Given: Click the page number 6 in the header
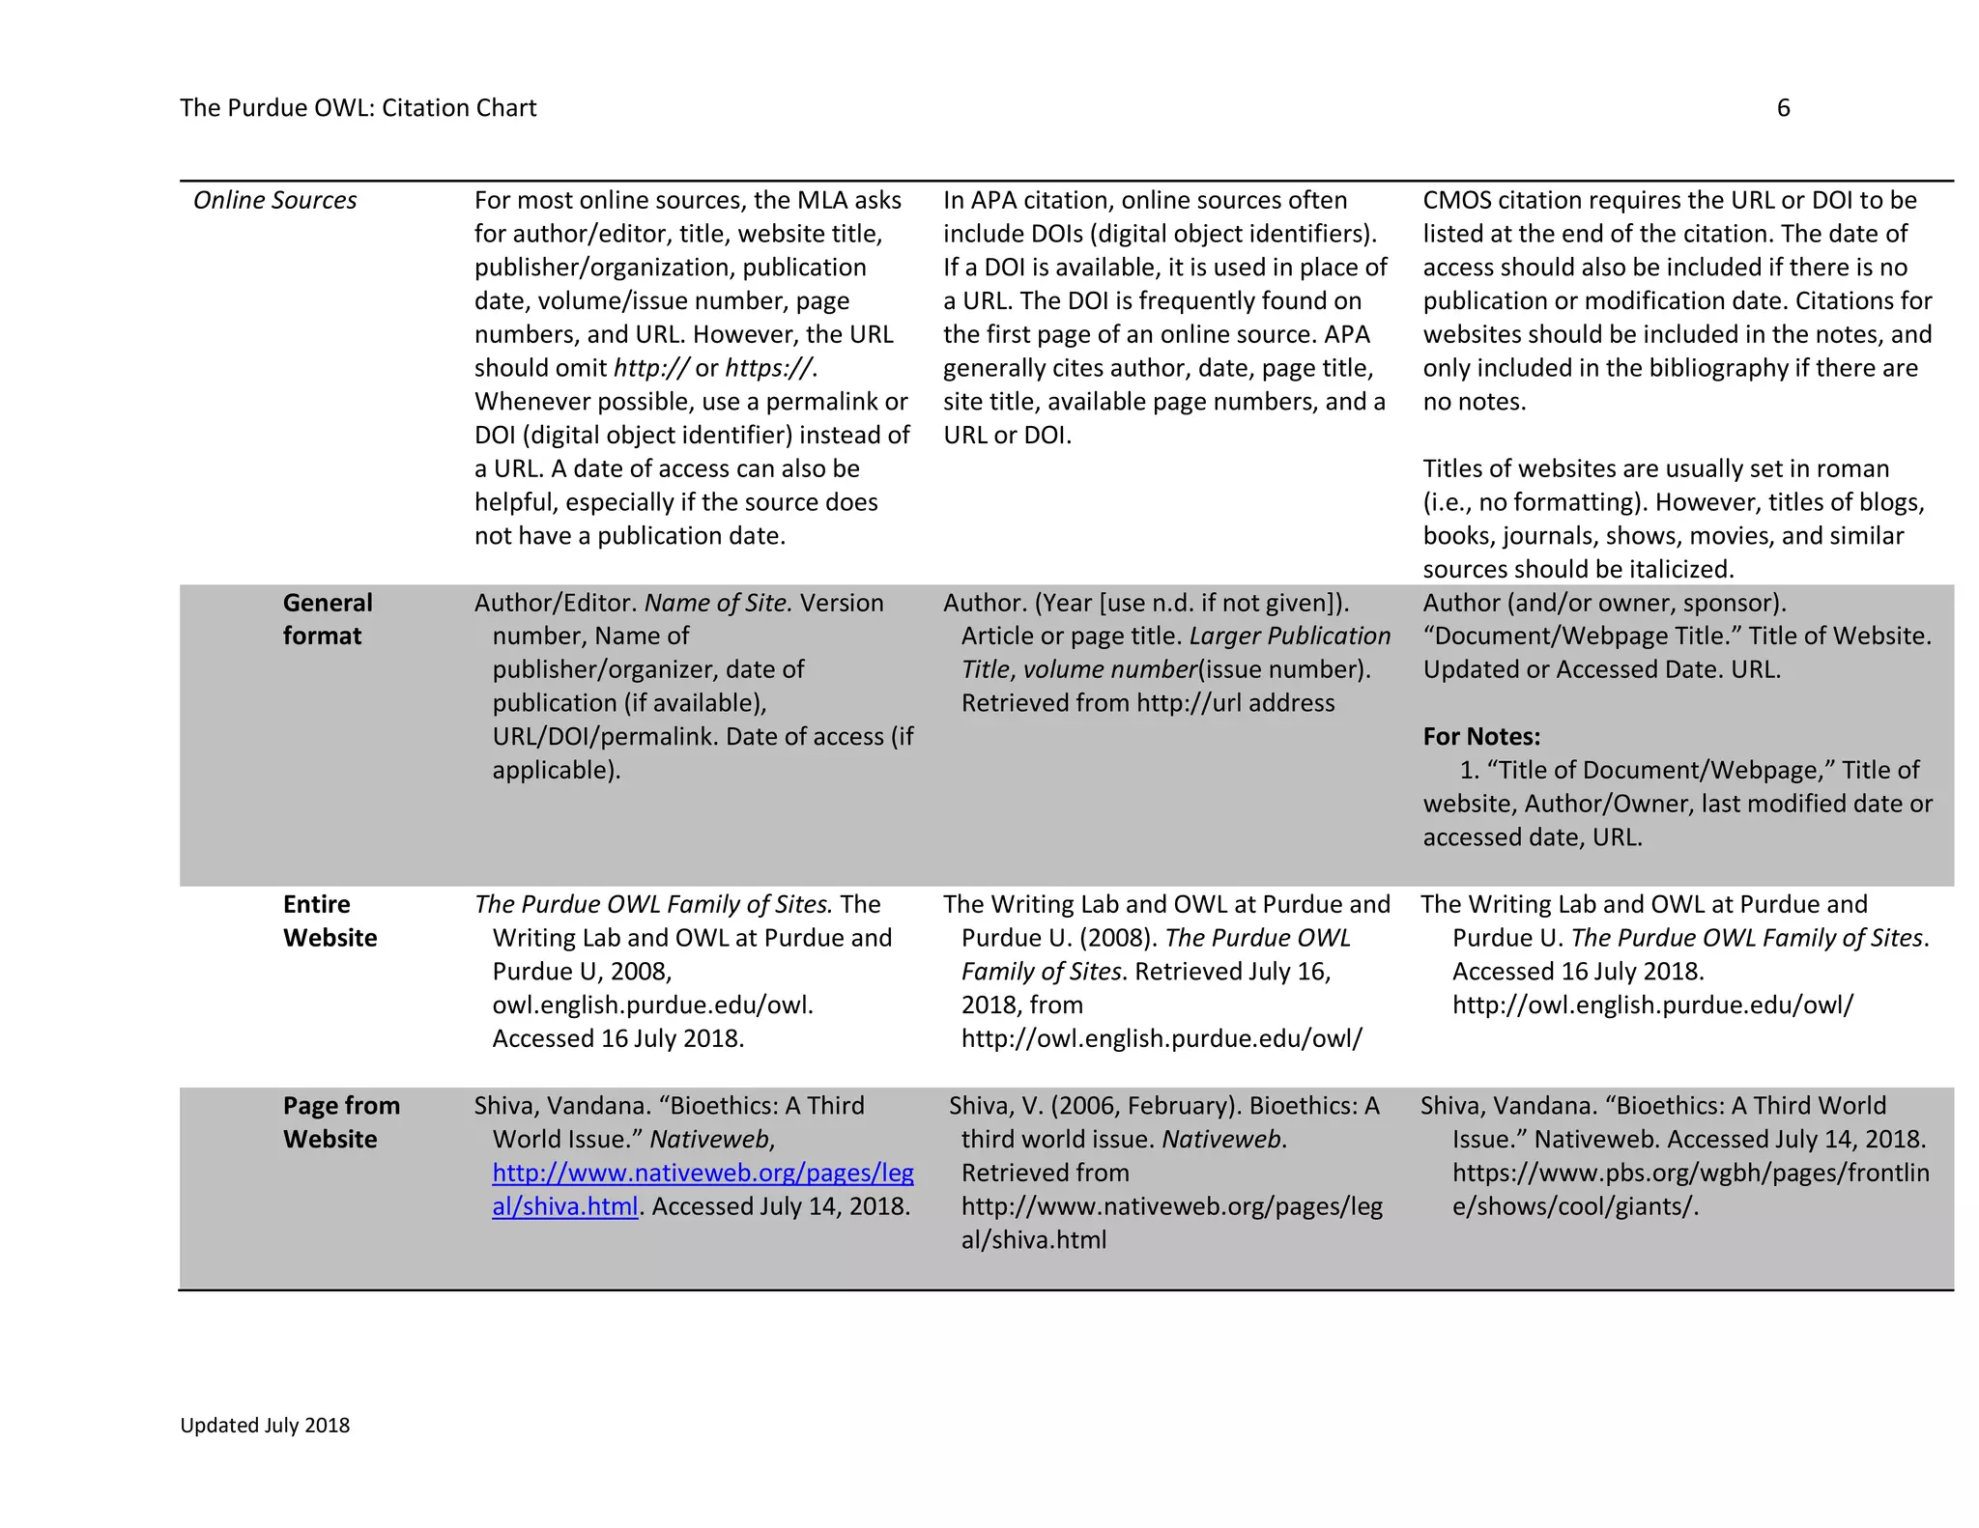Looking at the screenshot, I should tap(1783, 108).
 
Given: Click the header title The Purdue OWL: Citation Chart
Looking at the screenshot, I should tap(358, 108).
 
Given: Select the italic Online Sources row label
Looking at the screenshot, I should tap(274, 200).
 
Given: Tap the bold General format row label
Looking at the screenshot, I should tap(327, 619).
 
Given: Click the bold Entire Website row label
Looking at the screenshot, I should tap(329, 920).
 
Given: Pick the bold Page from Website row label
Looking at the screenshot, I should tap(340, 1122).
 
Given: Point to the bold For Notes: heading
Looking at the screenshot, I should tap(1480, 737).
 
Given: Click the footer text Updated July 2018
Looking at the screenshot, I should tap(265, 1426).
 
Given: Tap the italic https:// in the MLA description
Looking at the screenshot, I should tap(769, 368).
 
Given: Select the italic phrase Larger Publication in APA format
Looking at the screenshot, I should tap(1289, 637).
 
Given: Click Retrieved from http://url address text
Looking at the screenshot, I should tap(1147, 703).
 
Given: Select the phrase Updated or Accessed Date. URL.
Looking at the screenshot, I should tap(1600, 670).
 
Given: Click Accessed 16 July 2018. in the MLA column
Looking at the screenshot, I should tap(617, 1039).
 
